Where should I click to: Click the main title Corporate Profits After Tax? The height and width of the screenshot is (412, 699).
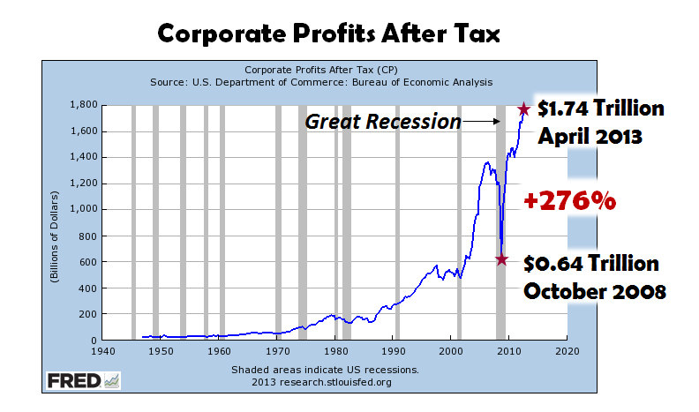click(329, 34)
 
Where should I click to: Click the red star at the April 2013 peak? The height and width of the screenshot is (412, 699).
click(523, 109)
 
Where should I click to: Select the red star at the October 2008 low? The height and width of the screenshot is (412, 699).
click(502, 259)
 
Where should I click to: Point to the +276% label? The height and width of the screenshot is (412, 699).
click(569, 200)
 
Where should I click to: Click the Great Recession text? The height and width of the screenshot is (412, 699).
click(383, 122)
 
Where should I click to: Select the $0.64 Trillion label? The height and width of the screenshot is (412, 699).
click(590, 263)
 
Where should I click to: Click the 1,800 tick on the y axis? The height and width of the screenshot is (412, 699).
click(81, 105)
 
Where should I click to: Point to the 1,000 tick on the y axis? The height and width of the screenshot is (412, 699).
click(81, 209)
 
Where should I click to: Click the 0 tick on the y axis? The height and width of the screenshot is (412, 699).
click(91, 340)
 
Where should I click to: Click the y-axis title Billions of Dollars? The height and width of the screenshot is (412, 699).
click(56, 222)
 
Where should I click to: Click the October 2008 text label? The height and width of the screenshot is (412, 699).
click(594, 291)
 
